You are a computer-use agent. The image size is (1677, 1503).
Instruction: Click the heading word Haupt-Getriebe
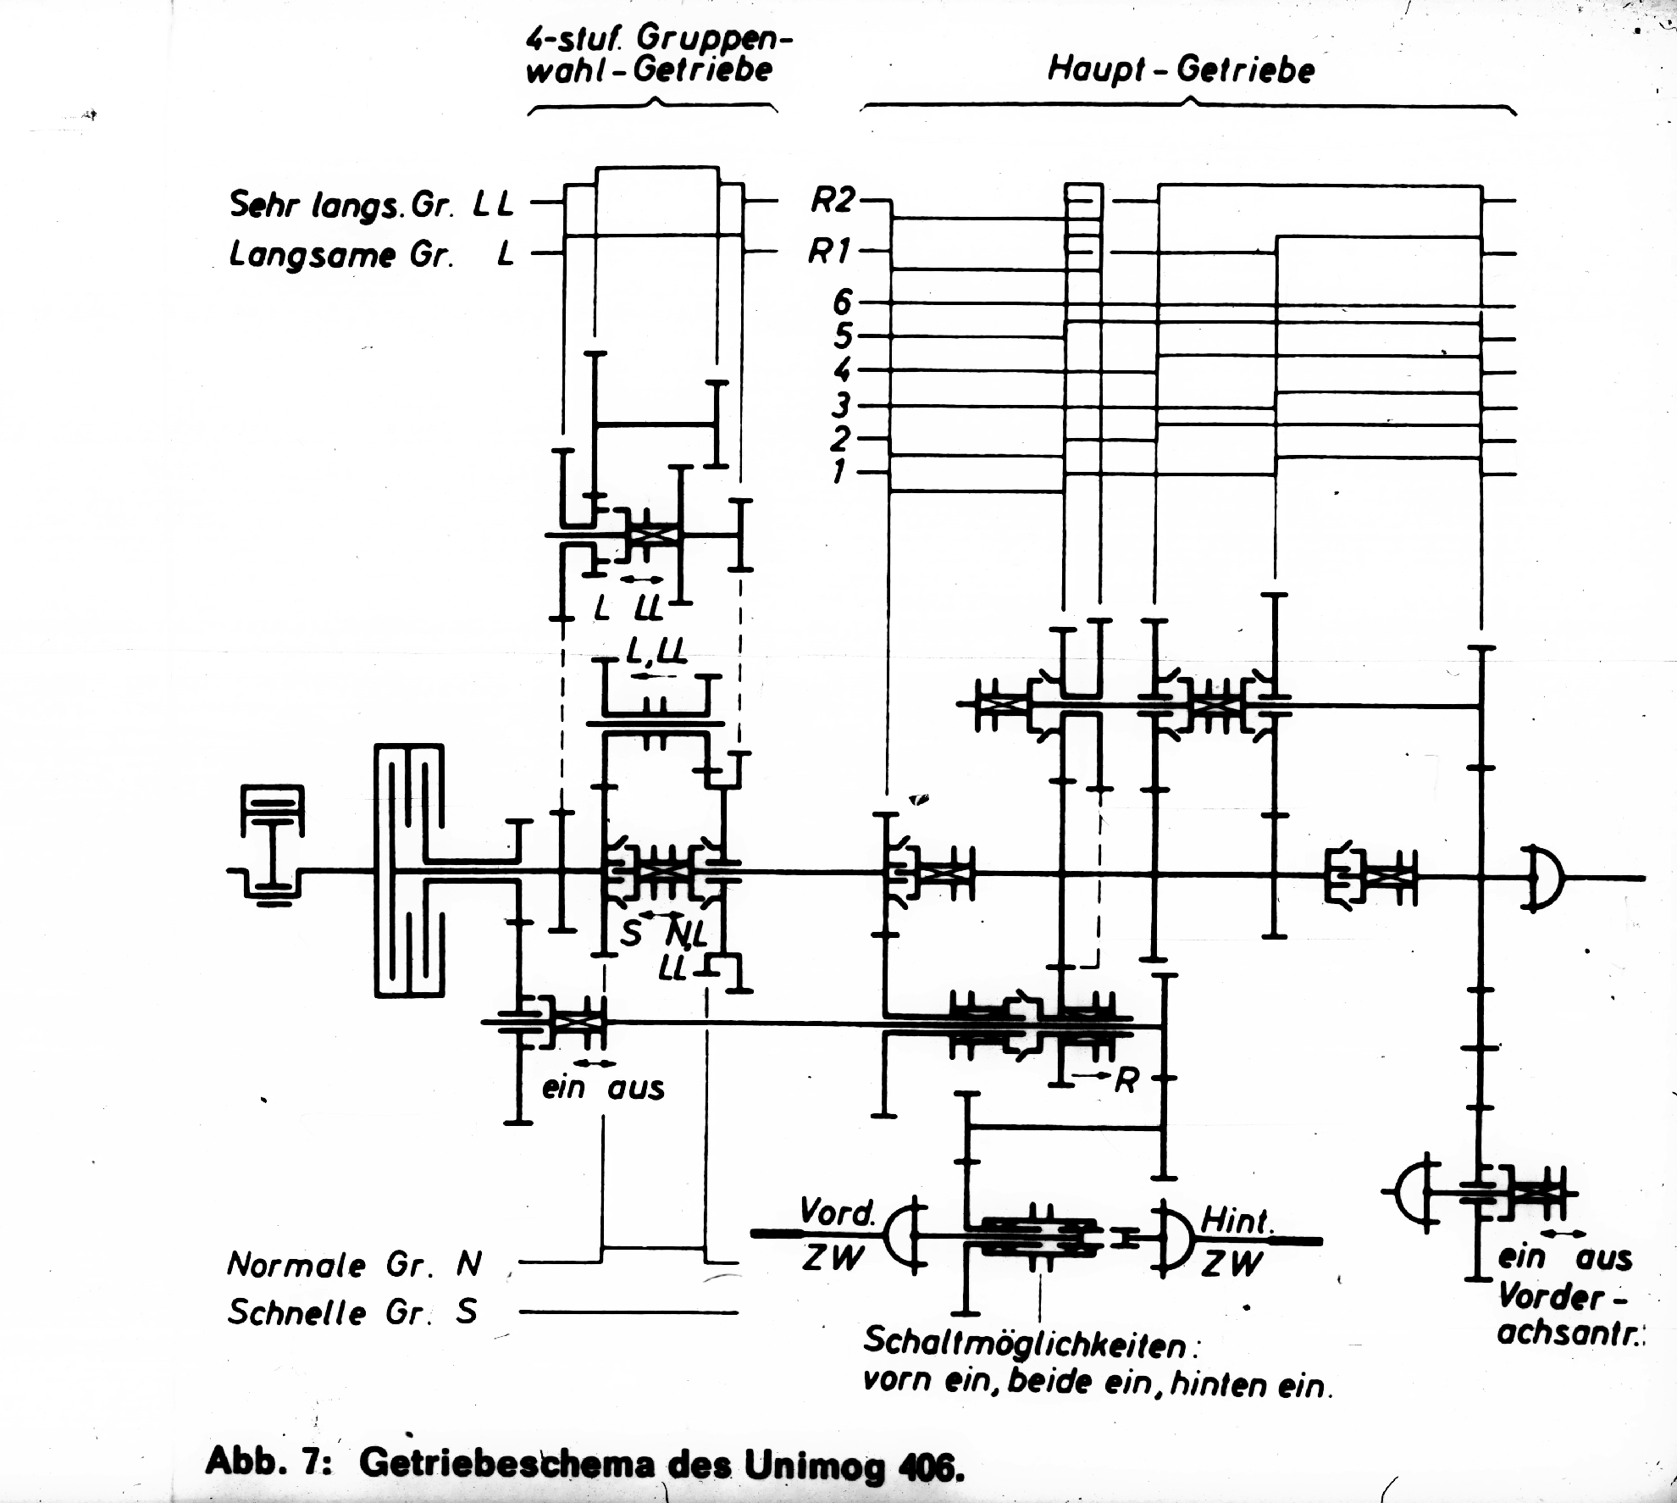1181,69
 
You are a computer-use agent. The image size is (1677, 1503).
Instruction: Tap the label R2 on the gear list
831,200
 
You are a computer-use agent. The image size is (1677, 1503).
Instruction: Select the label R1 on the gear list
830,252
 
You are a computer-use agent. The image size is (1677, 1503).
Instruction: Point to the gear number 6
843,302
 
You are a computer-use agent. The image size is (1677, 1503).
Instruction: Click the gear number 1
838,471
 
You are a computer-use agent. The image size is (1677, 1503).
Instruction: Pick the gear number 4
842,370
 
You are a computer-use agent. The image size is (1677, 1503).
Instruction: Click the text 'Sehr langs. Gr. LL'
371,204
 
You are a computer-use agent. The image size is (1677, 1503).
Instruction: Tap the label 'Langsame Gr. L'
371,254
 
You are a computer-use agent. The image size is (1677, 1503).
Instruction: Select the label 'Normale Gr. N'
354,1265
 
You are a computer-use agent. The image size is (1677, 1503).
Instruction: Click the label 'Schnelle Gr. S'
352,1312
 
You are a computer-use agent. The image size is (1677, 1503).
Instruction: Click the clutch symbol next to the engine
409,869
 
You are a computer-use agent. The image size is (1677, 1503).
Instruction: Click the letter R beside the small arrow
1126,1080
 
